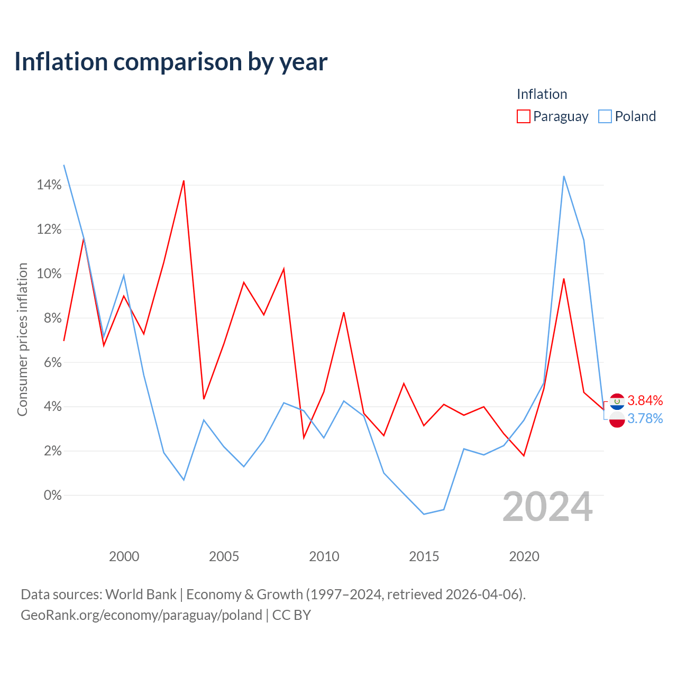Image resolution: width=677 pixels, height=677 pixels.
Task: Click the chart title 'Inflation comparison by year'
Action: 171,62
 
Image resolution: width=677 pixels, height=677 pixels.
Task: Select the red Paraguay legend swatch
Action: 523,116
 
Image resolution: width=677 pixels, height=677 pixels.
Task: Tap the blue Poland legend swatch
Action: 605,116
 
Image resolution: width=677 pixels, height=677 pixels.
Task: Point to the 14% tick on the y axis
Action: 49,185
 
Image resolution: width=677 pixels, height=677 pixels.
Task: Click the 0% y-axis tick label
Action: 53,495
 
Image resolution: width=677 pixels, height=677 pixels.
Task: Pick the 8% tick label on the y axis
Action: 53,318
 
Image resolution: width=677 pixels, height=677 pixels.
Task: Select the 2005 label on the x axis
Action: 224,556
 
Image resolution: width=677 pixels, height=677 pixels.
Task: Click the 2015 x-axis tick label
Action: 424,556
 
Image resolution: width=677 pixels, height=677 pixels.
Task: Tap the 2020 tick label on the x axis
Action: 524,556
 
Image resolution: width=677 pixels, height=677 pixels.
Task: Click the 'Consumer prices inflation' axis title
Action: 22,340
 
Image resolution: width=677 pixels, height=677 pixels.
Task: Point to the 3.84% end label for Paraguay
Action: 645,400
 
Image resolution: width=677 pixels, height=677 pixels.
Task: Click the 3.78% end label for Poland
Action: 645,418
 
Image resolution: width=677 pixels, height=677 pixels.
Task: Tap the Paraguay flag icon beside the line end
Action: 617,401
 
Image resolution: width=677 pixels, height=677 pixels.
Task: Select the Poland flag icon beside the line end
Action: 617,419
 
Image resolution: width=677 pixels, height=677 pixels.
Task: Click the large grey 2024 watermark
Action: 547,507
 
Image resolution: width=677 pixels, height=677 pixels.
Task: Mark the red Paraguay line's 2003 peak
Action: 184,181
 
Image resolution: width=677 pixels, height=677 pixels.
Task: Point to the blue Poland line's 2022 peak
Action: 564,176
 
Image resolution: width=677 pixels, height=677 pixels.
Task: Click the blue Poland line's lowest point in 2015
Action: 424,514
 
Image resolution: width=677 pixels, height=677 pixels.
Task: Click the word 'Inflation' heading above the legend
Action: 542,94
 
